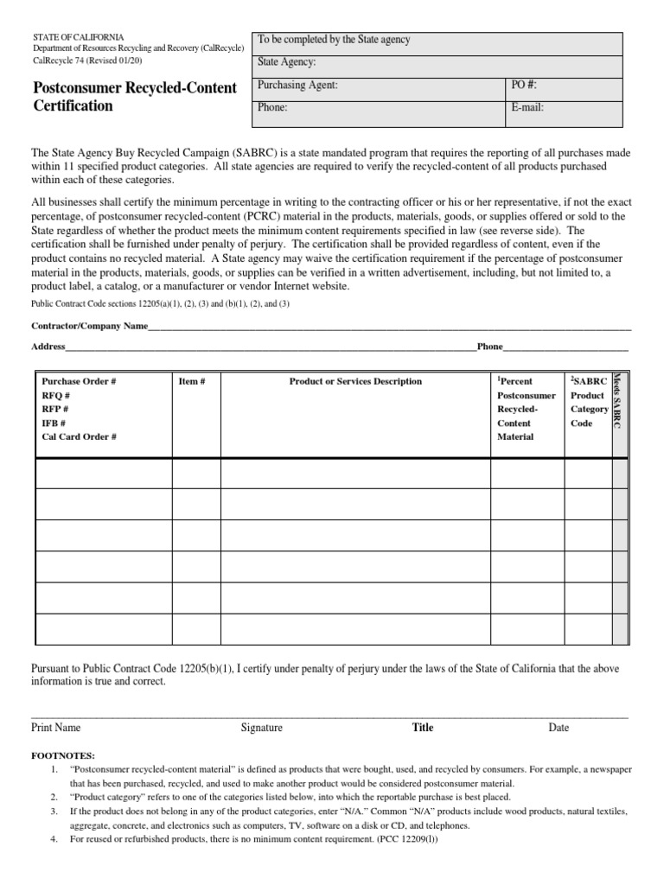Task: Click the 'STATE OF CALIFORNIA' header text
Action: pos(78,37)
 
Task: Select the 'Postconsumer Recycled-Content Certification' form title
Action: pos(134,97)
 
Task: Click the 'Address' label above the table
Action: pos(48,347)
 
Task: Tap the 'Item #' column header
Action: pos(191,381)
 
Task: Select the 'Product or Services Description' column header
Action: pos(355,381)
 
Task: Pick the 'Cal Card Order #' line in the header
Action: pos(80,437)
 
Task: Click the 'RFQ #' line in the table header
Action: pos(56,395)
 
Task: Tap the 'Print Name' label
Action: pos(56,728)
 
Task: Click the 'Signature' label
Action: pos(261,728)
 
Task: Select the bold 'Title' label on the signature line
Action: pos(423,728)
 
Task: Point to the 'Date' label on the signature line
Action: pos(559,728)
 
